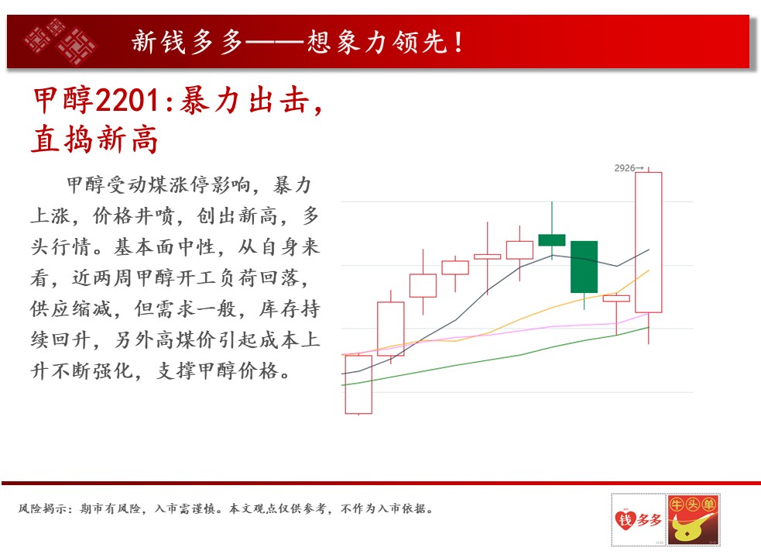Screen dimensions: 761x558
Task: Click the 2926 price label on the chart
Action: (625, 168)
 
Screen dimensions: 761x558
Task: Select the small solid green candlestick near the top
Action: (552, 240)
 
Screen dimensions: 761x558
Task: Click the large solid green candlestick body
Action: (584, 267)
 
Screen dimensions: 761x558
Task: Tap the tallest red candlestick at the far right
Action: (649, 243)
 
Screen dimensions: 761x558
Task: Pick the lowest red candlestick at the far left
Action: (358, 384)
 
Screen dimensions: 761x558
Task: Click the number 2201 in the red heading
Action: (128, 101)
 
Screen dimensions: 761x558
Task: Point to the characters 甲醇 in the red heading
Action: (63, 101)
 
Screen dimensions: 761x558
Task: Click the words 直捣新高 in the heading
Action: (94, 139)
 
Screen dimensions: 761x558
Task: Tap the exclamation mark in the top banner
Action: (458, 43)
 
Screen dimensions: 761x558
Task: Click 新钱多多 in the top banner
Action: (187, 42)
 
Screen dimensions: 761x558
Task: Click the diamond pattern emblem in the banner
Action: (60, 41)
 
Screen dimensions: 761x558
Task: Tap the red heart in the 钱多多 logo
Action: (625, 519)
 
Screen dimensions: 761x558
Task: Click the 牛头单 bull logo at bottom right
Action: (694, 519)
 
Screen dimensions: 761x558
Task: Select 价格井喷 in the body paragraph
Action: (133, 215)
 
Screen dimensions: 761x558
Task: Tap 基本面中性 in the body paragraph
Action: (165, 246)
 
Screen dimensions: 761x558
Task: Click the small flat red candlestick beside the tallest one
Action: (616, 298)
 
